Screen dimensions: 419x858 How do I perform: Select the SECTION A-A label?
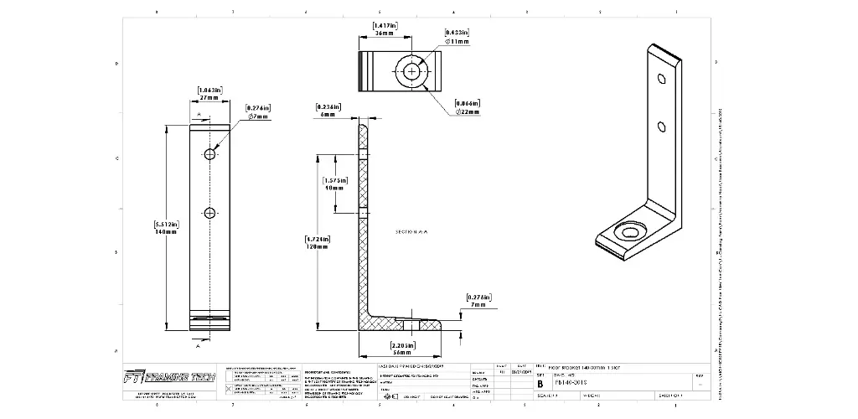[412, 230]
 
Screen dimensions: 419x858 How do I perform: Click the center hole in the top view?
[411, 72]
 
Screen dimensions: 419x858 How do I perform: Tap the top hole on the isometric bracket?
[661, 80]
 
